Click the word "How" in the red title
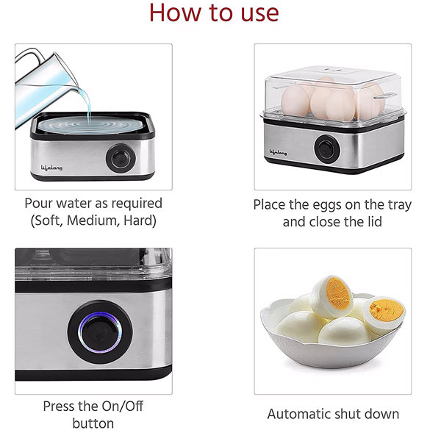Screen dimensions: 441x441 point(175,12)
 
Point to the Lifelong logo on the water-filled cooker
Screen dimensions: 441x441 point(51,168)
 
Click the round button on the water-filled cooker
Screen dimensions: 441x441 point(121,158)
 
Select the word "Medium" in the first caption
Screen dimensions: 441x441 point(91,220)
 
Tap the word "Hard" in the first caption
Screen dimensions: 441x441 point(139,220)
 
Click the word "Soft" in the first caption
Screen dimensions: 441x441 point(47,220)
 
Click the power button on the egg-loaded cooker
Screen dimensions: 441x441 point(327,148)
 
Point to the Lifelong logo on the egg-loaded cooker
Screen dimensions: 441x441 point(278,152)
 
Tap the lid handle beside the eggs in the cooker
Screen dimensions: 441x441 point(384,96)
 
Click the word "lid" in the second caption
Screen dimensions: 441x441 point(375,222)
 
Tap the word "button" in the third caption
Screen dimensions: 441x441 point(93,423)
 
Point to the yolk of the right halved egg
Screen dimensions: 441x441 point(386,309)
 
